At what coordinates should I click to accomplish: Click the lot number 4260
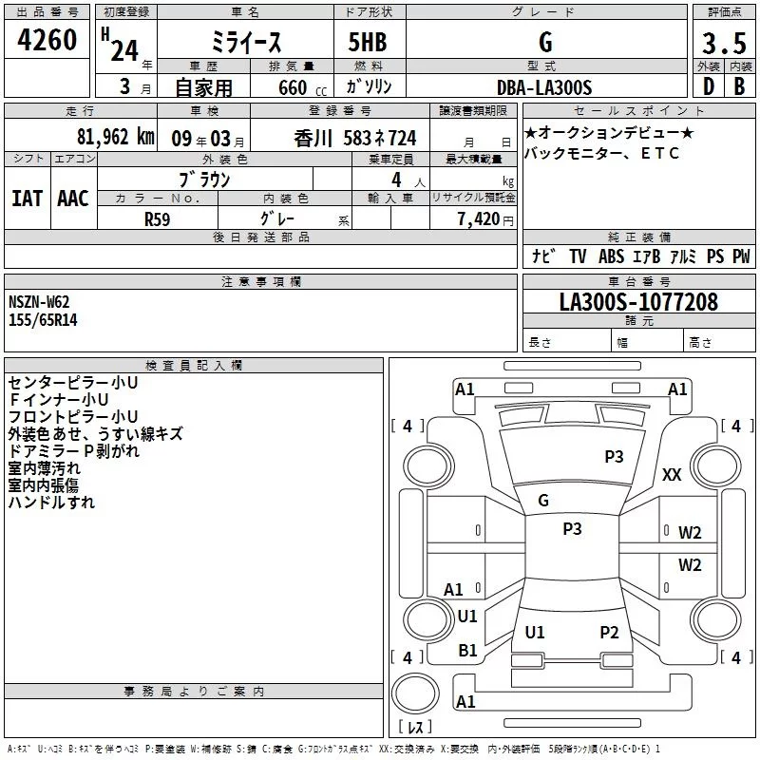pos(47,39)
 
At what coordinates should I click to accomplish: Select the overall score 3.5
pos(724,43)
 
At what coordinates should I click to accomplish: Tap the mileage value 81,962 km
pos(115,137)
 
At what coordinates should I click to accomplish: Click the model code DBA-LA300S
pos(544,87)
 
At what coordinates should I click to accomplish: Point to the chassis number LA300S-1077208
pos(638,302)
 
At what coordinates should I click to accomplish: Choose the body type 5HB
pos(368,42)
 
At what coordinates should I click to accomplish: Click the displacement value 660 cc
pos(302,87)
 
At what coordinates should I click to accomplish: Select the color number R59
pos(157,219)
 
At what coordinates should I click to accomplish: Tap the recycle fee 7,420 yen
pos(485,219)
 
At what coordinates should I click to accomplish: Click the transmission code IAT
pos(28,199)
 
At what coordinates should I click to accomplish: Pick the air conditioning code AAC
pos(73,199)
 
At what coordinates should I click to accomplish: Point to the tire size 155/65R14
pos(43,320)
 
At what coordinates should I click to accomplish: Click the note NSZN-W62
pos(39,302)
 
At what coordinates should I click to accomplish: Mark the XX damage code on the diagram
pos(672,474)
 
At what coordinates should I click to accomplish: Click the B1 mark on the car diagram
pos(467,651)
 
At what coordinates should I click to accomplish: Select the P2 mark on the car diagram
pos(609,632)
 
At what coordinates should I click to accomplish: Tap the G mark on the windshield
pos(543,501)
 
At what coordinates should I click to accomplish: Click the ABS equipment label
pos(611,256)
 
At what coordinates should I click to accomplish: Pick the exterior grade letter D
pos(709,86)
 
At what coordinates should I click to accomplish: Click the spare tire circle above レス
pos(415,693)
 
